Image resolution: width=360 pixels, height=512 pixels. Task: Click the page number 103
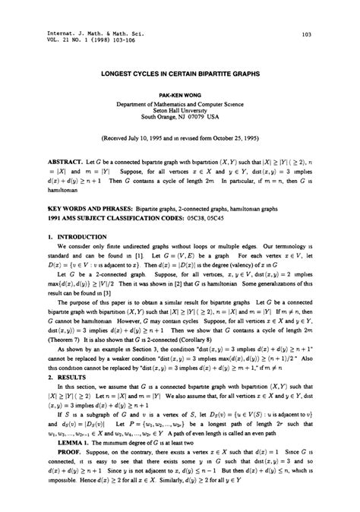coord(307,36)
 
